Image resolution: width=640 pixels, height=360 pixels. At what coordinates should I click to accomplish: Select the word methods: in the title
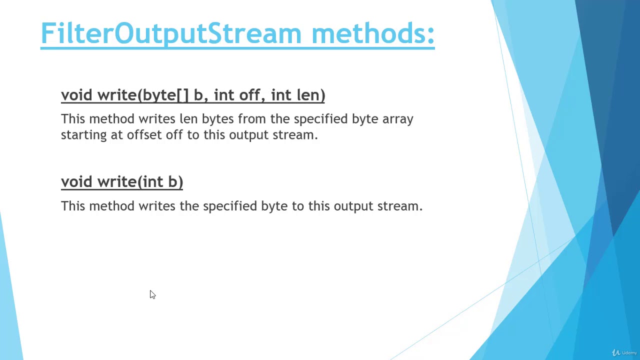click(372, 33)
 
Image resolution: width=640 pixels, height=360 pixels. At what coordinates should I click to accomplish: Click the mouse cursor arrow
click(152, 294)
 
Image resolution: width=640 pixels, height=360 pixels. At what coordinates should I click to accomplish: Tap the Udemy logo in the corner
click(624, 352)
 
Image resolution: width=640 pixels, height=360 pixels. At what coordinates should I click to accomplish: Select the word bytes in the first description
click(217, 119)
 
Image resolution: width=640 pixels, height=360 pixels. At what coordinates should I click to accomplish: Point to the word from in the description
click(252, 119)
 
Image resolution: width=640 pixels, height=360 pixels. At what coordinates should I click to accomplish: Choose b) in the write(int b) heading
click(175, 182)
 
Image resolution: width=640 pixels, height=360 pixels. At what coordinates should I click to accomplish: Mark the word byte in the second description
click(274, 206)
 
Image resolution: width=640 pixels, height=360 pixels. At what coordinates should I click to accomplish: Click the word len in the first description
click(188, 119)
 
